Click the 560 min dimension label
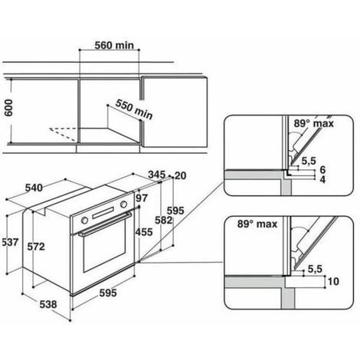(114, 45)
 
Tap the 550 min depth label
(134, 110)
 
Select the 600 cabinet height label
(8, 108)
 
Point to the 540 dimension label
(34, 188)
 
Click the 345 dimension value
(157, 175)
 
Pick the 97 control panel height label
(142, 198)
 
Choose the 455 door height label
(144, 232)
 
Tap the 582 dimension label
(164, 220)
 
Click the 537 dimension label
(10, 242)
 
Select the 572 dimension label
(36, 247)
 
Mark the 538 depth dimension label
(48, 304)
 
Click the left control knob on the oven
(84, 221)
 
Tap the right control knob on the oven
(123, 205)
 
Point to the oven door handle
(105, 224)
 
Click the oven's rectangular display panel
(103, 213)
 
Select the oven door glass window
(104, 247)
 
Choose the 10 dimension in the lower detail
(333, 281)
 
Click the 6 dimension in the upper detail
(322, 169)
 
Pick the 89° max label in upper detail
(314, 123)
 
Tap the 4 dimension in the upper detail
(322, 179)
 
